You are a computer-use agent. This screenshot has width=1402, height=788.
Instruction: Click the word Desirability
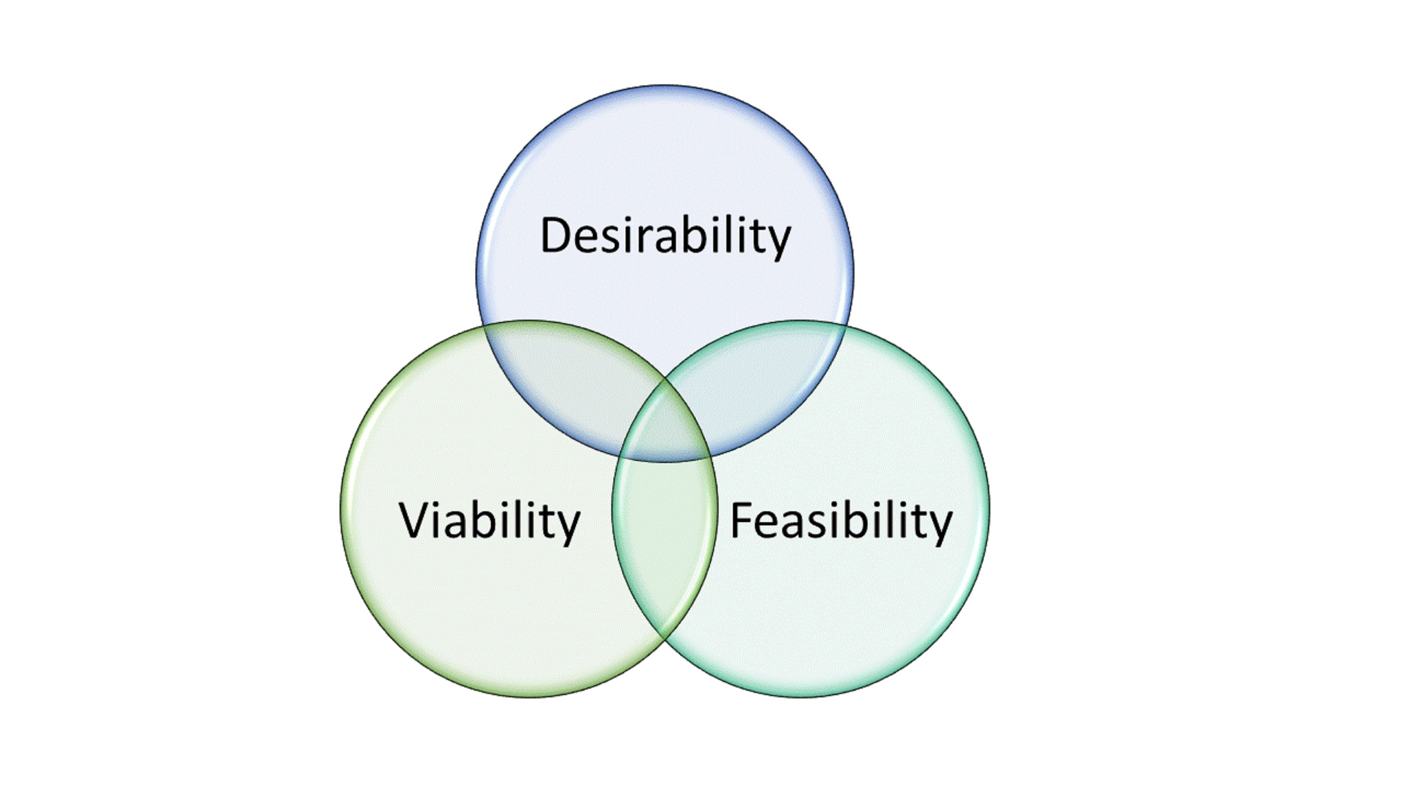[x=665, y=236]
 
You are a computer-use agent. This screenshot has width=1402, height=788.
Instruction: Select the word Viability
[x=490, y=521]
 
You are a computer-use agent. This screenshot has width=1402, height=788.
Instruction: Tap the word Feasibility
[x=841, y=521]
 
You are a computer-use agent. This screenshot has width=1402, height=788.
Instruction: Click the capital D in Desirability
[x=556, y=235]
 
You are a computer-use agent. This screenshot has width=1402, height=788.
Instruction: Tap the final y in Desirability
[x=777, y=242]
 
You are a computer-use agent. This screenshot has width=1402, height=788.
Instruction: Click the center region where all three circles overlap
[x=665, y=429]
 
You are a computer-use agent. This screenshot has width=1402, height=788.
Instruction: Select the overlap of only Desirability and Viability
[x=571, y=381]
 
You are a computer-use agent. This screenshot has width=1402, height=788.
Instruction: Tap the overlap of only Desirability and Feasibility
[x=757, y=381]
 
